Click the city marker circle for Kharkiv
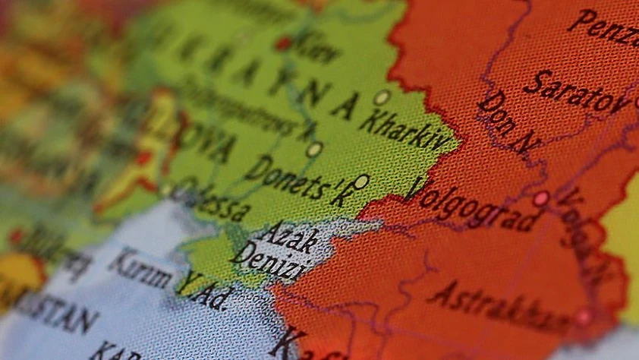click(382, 97)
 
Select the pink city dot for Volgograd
click(540, 199)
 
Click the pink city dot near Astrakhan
click(583, 317)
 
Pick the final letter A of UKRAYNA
click(345, 107)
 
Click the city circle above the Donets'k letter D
click(314, 150)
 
